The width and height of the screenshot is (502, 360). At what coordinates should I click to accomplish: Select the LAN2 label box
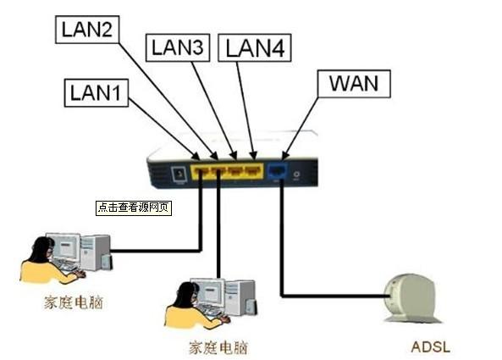pyautogui.click(x=88, y=30)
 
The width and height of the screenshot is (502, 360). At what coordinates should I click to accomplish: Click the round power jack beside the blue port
pyautogui.click(x=295, y=174)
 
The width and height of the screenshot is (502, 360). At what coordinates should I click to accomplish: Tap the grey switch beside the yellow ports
pyautogui.click(x=178, y=174)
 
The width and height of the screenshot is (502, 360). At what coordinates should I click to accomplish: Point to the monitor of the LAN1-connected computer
pyautogui.click(x=62, y=246)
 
